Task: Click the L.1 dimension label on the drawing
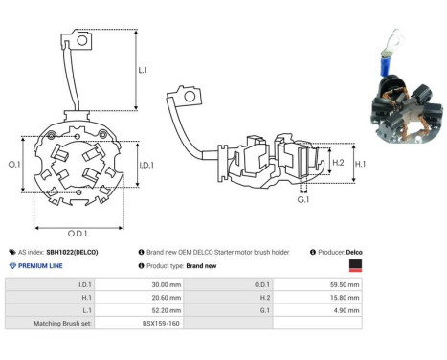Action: point(143,70)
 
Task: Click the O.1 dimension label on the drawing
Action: point(15,165)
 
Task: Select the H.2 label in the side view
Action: point(337,163)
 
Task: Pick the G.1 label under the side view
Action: point(302,200)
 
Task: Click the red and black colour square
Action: point(356,265)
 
